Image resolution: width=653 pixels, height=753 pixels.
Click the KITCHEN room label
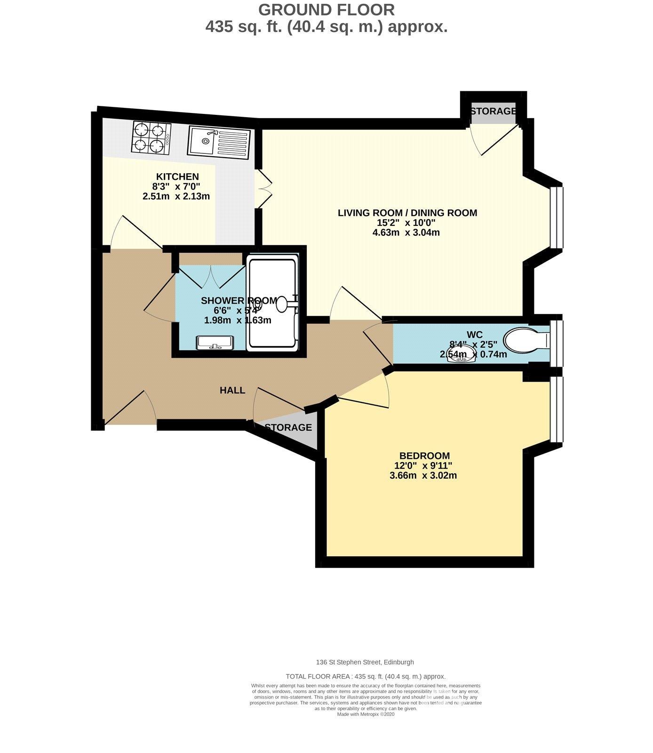(x=177, y=176)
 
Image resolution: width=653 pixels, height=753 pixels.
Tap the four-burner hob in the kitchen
(x=151, y=137)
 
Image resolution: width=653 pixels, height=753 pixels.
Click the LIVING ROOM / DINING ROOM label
(x=407, y=213)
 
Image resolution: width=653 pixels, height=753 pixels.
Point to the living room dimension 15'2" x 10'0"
(x=407, y=223)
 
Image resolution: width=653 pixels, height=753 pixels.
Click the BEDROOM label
(x=424, y=456)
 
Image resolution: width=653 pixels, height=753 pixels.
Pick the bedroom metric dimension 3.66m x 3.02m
(x=423, y=475)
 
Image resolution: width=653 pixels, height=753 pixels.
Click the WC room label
(x=474, y=335)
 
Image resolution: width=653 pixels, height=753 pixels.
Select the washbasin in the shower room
(x=215, y=343)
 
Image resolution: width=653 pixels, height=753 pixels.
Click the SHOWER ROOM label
(x=239, y=301)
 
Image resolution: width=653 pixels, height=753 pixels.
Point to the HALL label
(x=232, y=390)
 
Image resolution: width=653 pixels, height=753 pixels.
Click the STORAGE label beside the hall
(x=288, y=427)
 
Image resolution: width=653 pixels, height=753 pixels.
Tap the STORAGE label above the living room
(x=493, y=111)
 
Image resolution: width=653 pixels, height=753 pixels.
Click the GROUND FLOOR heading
(x=326, y=9)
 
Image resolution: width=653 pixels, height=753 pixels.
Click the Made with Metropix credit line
(x=366, y=714)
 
